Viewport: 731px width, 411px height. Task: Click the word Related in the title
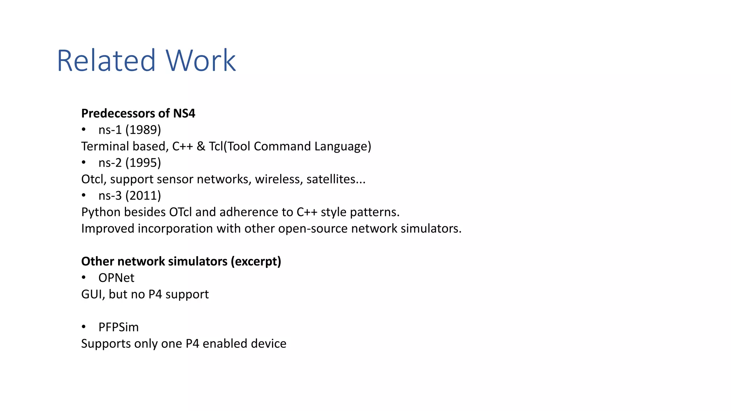pos(106,61)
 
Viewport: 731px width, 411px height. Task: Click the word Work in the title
pos(200,61)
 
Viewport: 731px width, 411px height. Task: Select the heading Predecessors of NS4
pos(138,113)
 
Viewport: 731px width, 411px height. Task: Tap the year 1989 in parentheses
pos(143,130)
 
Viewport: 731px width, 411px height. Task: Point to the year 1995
pos(143,163)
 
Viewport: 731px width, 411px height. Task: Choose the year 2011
pos(143,196)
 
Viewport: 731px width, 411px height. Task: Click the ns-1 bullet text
pos(110,130)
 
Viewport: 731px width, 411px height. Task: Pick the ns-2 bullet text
pos(110,163)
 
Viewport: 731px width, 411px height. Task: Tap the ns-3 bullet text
pos(110,196)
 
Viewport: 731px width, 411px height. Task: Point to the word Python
pos(101,212)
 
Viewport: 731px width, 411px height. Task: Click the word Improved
pos(107,228)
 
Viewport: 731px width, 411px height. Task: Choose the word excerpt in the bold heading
pos(256,262)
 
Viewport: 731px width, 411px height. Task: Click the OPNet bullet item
pos(116,278)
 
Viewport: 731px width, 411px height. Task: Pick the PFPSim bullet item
pos(119,327)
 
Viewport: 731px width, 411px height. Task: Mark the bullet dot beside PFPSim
pos(84,327)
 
